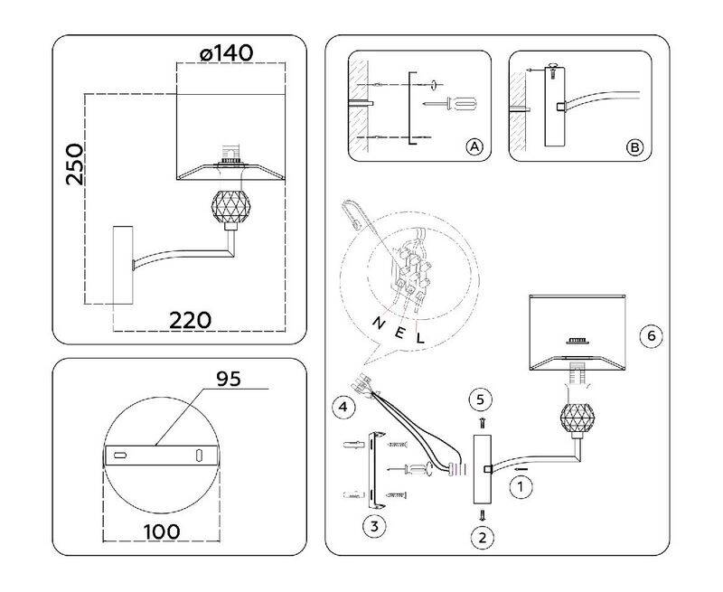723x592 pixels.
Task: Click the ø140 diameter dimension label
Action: coord(227,53)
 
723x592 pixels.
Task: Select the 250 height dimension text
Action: coord(75,164)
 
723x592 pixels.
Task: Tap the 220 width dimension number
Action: coord(190,321)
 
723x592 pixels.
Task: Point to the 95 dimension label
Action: coord(229,379)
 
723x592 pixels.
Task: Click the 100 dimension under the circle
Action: coord(162,531)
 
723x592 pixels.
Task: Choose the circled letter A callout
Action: coord(474,147)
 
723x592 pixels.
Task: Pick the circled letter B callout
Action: coord(635,147)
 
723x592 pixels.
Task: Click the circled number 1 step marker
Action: coord(521,487)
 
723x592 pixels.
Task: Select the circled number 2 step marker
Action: coord(483,538)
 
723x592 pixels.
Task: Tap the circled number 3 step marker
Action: coord(374,526)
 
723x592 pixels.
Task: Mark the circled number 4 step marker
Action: coord(343,407)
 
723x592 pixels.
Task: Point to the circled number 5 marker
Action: coord(481,399)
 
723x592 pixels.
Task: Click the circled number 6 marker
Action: coord(652,335)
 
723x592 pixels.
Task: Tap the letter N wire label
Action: coord(379,324)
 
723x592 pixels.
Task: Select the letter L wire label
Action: coord(419,338)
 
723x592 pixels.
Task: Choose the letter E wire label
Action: coord(400,332)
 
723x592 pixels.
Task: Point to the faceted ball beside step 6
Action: coord(577,418)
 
